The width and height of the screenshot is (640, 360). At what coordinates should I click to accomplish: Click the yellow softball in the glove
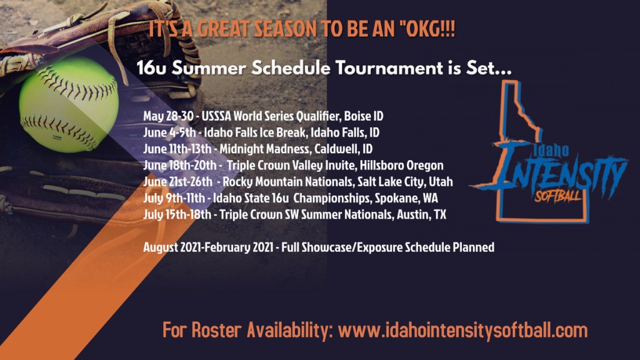pos(69,104)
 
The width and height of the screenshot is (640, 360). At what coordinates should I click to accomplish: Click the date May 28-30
pos(168,116)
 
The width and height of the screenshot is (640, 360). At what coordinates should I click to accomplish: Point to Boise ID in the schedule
pos(364,116)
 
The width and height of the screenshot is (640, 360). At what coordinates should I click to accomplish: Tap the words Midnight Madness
pos(265,149)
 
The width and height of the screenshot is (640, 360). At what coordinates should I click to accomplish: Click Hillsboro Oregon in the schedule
pos(401,165)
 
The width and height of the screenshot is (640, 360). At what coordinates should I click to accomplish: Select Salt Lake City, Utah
pos(405,182)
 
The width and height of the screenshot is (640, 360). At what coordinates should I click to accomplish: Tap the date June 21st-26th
pos(177,182)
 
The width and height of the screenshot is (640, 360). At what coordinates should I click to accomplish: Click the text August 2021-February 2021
pos(208,247)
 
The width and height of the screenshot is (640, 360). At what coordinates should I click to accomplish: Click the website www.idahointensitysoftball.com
pos(463,330)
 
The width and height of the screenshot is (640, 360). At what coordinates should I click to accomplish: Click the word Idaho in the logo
pos(551,150)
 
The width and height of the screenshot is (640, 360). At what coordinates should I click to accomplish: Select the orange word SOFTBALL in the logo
pos(557,196)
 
